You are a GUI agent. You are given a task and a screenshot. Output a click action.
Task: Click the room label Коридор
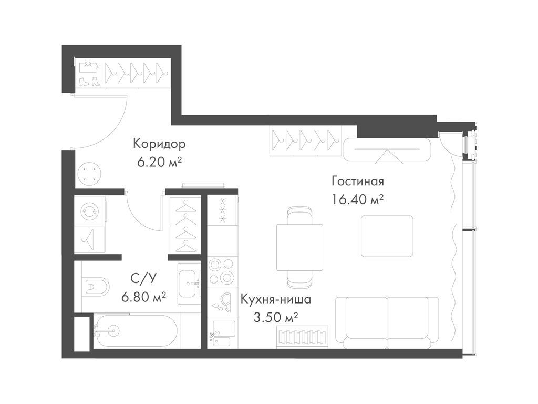tap(159, 144)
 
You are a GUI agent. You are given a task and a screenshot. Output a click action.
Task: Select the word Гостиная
tap(357, 181)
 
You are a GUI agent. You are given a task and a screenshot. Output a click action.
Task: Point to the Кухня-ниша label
tap(276, 300)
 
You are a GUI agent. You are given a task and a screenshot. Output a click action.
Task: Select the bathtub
tap(136, 330)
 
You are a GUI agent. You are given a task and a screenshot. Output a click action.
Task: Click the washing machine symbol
tap(89, 211)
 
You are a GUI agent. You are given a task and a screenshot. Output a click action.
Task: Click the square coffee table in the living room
tap(387, 236)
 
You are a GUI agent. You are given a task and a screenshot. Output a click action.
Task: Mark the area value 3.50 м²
tap(277, 318)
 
